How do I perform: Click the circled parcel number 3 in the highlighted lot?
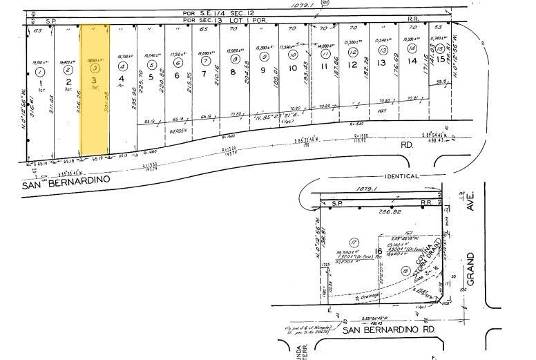pos(95,68)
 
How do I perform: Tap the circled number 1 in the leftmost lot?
pos(40,72)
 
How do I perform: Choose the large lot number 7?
pos(204,74)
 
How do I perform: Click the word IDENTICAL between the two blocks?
pos(402,176)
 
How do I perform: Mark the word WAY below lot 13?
pos(382,110)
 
